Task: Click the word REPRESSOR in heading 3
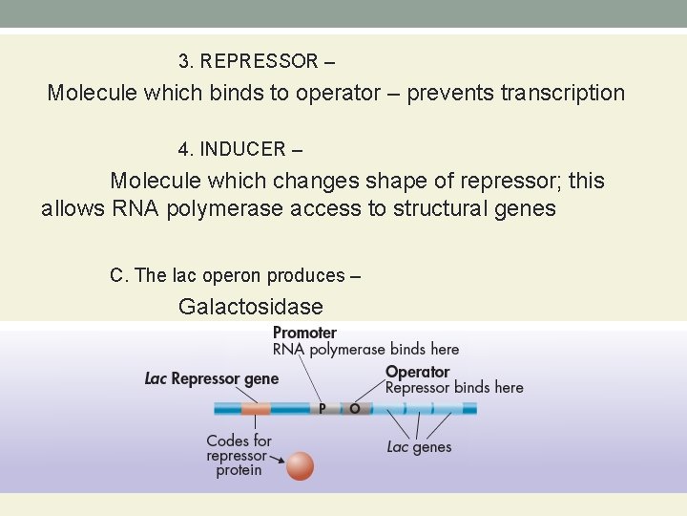[260, 62]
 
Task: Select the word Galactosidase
[250, 307]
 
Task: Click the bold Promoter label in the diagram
[304, 333]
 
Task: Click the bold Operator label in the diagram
[417, 372]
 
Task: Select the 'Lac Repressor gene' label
[212, 379]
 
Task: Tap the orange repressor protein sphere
[300, 465]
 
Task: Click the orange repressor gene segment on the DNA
[255, 409]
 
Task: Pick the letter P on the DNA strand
[323, 409]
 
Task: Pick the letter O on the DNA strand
[355, 409]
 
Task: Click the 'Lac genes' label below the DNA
[419, 447]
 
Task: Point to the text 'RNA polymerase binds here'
[365, 350]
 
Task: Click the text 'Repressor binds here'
[454, 388]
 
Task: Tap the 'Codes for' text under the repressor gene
[239, 441]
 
